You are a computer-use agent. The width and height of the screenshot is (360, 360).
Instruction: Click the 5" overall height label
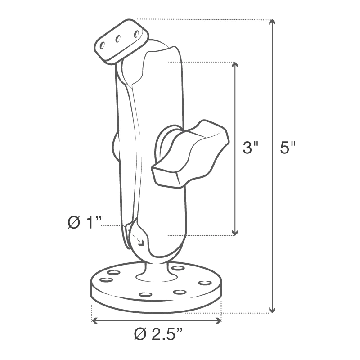coord(287,148)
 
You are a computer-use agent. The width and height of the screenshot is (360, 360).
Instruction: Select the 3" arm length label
coord(250,148)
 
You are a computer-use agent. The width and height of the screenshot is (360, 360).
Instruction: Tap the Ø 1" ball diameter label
coord(83,223)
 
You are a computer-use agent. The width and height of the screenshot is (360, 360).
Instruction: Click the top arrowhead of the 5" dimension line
coord(271,22)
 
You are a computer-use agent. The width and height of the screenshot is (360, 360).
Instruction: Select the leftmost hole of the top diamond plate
coord(103,45)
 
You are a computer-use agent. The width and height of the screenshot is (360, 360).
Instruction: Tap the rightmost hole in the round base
coord(205,283)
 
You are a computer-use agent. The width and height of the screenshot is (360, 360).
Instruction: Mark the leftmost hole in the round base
coord(106,280)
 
